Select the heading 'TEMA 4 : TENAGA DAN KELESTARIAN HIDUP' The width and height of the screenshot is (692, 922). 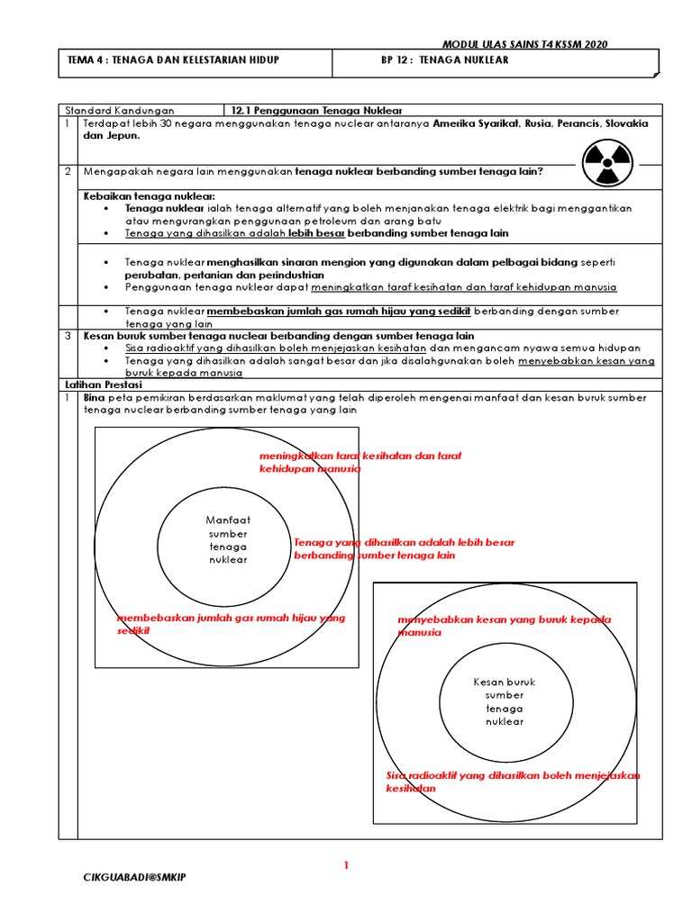[174, 60]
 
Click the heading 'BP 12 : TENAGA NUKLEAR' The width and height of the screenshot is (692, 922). [445, 60]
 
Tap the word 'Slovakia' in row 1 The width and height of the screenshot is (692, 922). [626, 122]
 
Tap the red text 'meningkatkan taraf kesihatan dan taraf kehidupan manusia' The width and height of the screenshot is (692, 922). [360, 462]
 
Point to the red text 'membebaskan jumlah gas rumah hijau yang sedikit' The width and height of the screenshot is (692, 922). [231, 624]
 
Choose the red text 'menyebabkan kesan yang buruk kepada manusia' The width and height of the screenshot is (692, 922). [504, 626]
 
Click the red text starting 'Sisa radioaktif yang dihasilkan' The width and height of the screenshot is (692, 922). [512, 782]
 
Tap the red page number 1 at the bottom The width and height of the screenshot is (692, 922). [345, 866]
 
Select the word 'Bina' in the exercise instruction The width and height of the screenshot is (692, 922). [94, 397]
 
